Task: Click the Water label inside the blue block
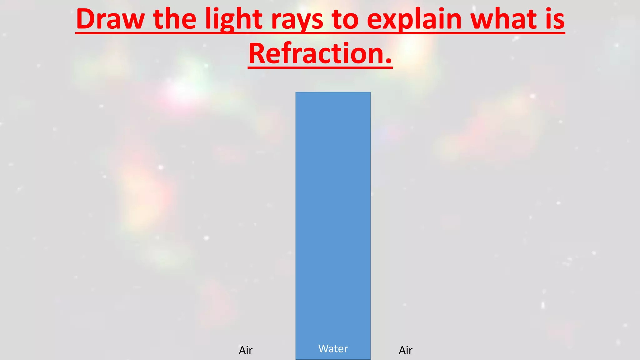click(333, 348)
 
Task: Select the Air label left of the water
click(246, 350)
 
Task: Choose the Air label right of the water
click(406, 350)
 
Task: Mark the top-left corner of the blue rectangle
click(296, 92)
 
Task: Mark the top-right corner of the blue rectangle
click(370, 92)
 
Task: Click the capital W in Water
click(324, 348)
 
